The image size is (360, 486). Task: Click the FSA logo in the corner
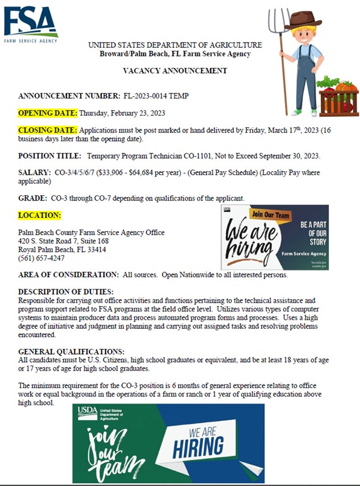(x=30, y=24)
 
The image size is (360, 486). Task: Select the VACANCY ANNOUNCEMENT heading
(x=175, y=71)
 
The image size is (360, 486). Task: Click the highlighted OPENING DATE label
(x=48, y=112)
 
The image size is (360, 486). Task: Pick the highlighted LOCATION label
(x=40, y=216)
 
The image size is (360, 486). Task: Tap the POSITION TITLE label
(x=50, y=156)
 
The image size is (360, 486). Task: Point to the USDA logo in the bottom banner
(x=89, y=413)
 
